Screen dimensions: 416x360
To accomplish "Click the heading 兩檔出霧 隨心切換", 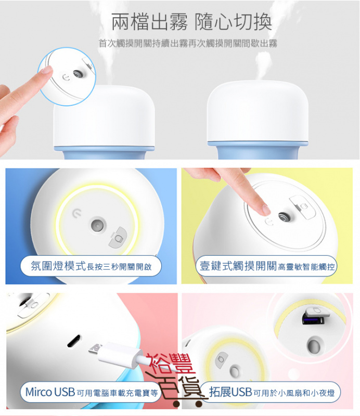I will tap(191, 23).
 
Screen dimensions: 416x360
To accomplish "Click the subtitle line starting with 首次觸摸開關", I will tap(188, 44).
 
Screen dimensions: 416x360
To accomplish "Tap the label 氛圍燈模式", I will tap(58, 267).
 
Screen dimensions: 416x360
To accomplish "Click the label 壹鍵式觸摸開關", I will tap(238, 267).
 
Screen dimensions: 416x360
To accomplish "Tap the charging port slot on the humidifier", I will tap(72, 342).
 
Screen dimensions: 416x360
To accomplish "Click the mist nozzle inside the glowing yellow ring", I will tap(96, 225).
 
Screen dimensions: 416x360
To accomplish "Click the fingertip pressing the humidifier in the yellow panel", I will tap(266, 210).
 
